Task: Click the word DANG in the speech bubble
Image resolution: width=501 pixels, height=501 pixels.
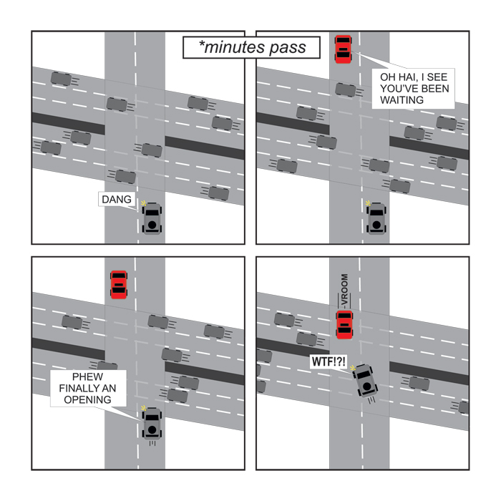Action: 116,200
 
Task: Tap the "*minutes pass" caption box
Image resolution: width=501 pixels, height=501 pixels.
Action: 251,47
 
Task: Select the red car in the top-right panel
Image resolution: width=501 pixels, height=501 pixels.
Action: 343,49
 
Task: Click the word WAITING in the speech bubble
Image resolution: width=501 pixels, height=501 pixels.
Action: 402,100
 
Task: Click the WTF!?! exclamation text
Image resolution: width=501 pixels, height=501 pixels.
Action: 329,361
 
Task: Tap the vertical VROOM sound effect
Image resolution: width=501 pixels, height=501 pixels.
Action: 344,291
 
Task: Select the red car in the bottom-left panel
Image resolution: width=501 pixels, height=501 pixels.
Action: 119,285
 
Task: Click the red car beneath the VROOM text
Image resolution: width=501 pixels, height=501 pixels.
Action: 344,324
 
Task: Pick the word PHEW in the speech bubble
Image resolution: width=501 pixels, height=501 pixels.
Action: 87,376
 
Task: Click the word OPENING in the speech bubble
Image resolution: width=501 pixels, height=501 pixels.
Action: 87,399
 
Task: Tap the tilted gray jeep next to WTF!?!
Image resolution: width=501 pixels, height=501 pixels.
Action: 365,381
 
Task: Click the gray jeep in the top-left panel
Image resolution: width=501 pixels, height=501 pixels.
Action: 152,218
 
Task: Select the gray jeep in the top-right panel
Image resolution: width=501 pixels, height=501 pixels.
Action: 376,218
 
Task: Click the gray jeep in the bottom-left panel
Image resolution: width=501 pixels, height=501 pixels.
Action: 152,424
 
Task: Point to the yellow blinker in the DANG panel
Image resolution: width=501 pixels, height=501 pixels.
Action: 143,203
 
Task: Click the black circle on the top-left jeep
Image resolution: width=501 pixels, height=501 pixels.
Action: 152,225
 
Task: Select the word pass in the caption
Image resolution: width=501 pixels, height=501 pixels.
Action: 288,47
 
